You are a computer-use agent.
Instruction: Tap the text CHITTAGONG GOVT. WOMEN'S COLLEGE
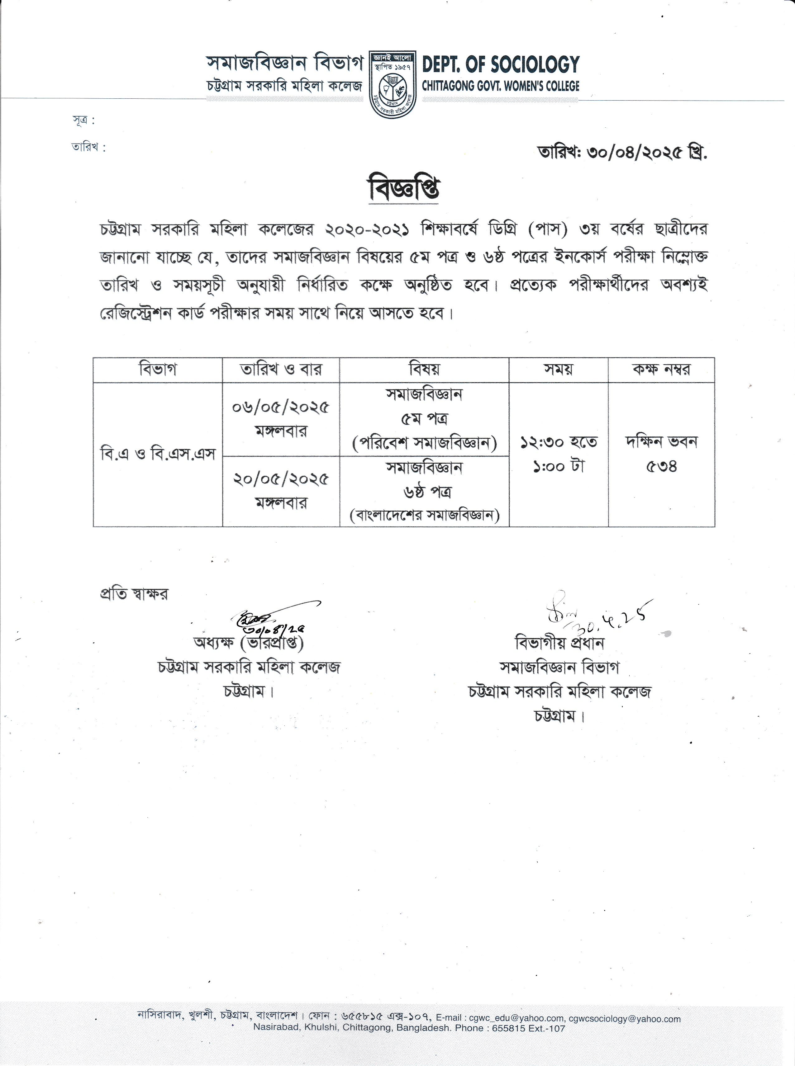501,87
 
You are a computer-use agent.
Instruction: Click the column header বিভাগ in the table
158,369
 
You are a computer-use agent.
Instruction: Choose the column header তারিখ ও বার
281,369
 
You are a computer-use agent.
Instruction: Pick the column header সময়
558,369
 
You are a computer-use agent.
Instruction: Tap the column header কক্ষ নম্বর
661,369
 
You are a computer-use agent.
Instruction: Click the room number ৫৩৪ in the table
661,466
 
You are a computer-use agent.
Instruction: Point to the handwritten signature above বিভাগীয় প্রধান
597,616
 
